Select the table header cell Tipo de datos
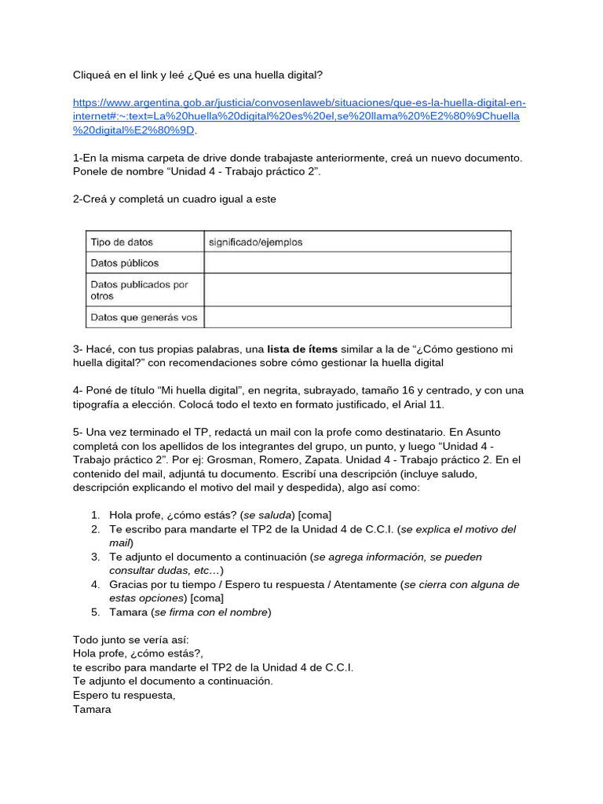[x=122, y=243]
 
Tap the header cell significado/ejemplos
[x=255, y=243]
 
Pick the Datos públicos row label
[x=124, y=263]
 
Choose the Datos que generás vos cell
[x=144, y=318]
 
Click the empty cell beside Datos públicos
[x=357, y=263]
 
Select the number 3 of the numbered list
[x=93, y=557]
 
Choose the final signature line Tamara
[x=92, y=710]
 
